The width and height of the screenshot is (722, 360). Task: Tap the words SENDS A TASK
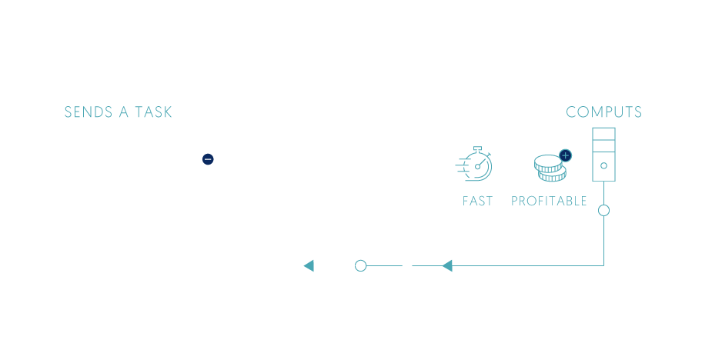tap(118, 112)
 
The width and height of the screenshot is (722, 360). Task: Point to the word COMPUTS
tap(603, 112)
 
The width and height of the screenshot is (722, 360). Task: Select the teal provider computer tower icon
tap(603, 155)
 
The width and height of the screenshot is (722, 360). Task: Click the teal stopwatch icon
tap(475, 165)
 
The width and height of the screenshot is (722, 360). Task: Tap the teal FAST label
tap(477, 202)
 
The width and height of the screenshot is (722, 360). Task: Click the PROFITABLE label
tap(549, 202)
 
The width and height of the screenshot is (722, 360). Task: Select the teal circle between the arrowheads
tap(360, 266)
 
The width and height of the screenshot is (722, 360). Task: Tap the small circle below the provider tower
tap(603, 209)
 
